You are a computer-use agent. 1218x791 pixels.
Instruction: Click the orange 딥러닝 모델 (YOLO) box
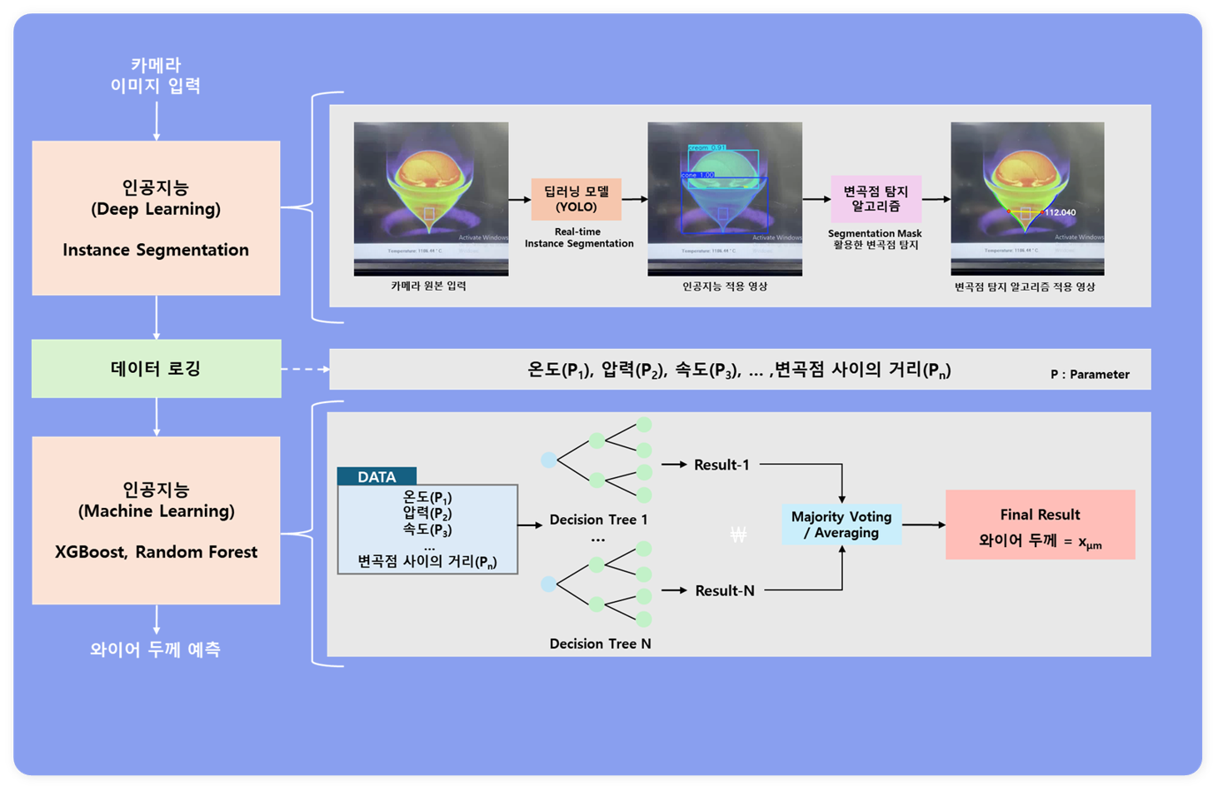[x=577, y=199]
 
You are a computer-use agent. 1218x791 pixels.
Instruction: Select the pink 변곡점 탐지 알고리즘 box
[x=876, y=199]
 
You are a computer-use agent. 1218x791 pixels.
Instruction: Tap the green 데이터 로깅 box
[x=156, y=368]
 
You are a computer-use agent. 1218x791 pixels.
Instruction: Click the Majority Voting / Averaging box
[x=841, y=525]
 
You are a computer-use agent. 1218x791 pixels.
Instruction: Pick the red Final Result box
[x=1040, y=525]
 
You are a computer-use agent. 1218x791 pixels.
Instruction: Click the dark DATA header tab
[x=377, y=477]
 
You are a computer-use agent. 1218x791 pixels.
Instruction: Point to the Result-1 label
[x=721, y=465]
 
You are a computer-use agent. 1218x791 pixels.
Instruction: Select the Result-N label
[x=725, y=590]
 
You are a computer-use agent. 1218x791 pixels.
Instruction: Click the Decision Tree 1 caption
[x=598, y=520]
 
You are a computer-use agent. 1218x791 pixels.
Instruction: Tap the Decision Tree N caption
[x=600, y=644]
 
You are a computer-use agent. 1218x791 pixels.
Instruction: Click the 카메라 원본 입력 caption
[x=428, y=286]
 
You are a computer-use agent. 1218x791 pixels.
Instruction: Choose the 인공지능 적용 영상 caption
[x=725, y=286]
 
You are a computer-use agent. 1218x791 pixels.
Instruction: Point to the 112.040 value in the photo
[x=1060, y=212]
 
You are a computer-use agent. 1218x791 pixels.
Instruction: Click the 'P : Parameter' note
[x=1090, y=375]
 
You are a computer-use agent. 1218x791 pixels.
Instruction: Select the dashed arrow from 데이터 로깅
[x=305, y=369]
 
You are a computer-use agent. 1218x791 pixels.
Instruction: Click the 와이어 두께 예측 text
[x=155, y=649]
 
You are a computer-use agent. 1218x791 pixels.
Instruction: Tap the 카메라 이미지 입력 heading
[x=156, y=75]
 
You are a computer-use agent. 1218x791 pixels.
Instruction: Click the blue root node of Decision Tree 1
[x=548, y=460]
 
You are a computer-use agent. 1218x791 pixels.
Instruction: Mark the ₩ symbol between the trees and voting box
[x=738, y=535]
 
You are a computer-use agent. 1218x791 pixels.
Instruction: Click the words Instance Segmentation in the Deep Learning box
[x=156, y=250]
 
